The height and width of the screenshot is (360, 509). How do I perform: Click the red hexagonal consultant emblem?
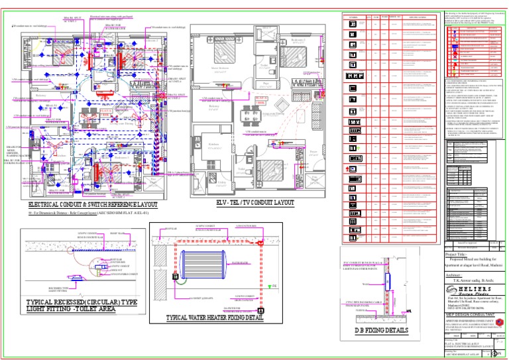pos(500,323)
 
